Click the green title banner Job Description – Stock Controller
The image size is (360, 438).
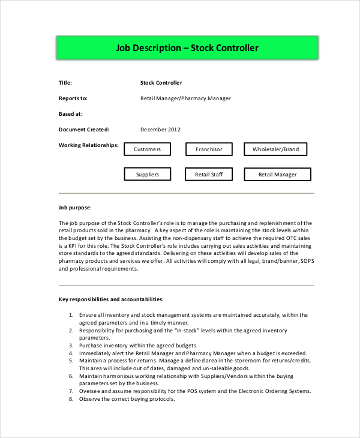[x=187, y=48]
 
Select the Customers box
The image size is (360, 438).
[x=147, y=149]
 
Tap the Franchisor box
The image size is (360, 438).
[x=208, y=149]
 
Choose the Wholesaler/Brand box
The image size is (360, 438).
[x=275, y=149]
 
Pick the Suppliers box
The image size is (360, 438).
[x=147, y=175]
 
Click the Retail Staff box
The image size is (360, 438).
[x=208, y=175]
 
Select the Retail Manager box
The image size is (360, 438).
[x=277, y=175]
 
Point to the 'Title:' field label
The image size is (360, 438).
[x=65, y=83]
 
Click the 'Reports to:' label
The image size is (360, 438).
[x=73, y=98]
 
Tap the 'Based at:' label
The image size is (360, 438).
[x=71, y=113]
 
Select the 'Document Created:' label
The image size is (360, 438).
[x=84, y=129]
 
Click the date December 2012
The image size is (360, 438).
[x=160, y=129]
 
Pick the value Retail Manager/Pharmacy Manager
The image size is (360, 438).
[x=185, y=98]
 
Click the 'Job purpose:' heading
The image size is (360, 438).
[x=75, y=207]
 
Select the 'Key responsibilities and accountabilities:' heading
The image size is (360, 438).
[x=111, y=298]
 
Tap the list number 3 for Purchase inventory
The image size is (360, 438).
[x=71, y=346]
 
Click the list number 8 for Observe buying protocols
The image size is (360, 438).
[x=71, y=400]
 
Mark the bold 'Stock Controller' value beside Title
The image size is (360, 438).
[x=161, y=83]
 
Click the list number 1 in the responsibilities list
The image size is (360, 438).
[x=71, y=314]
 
